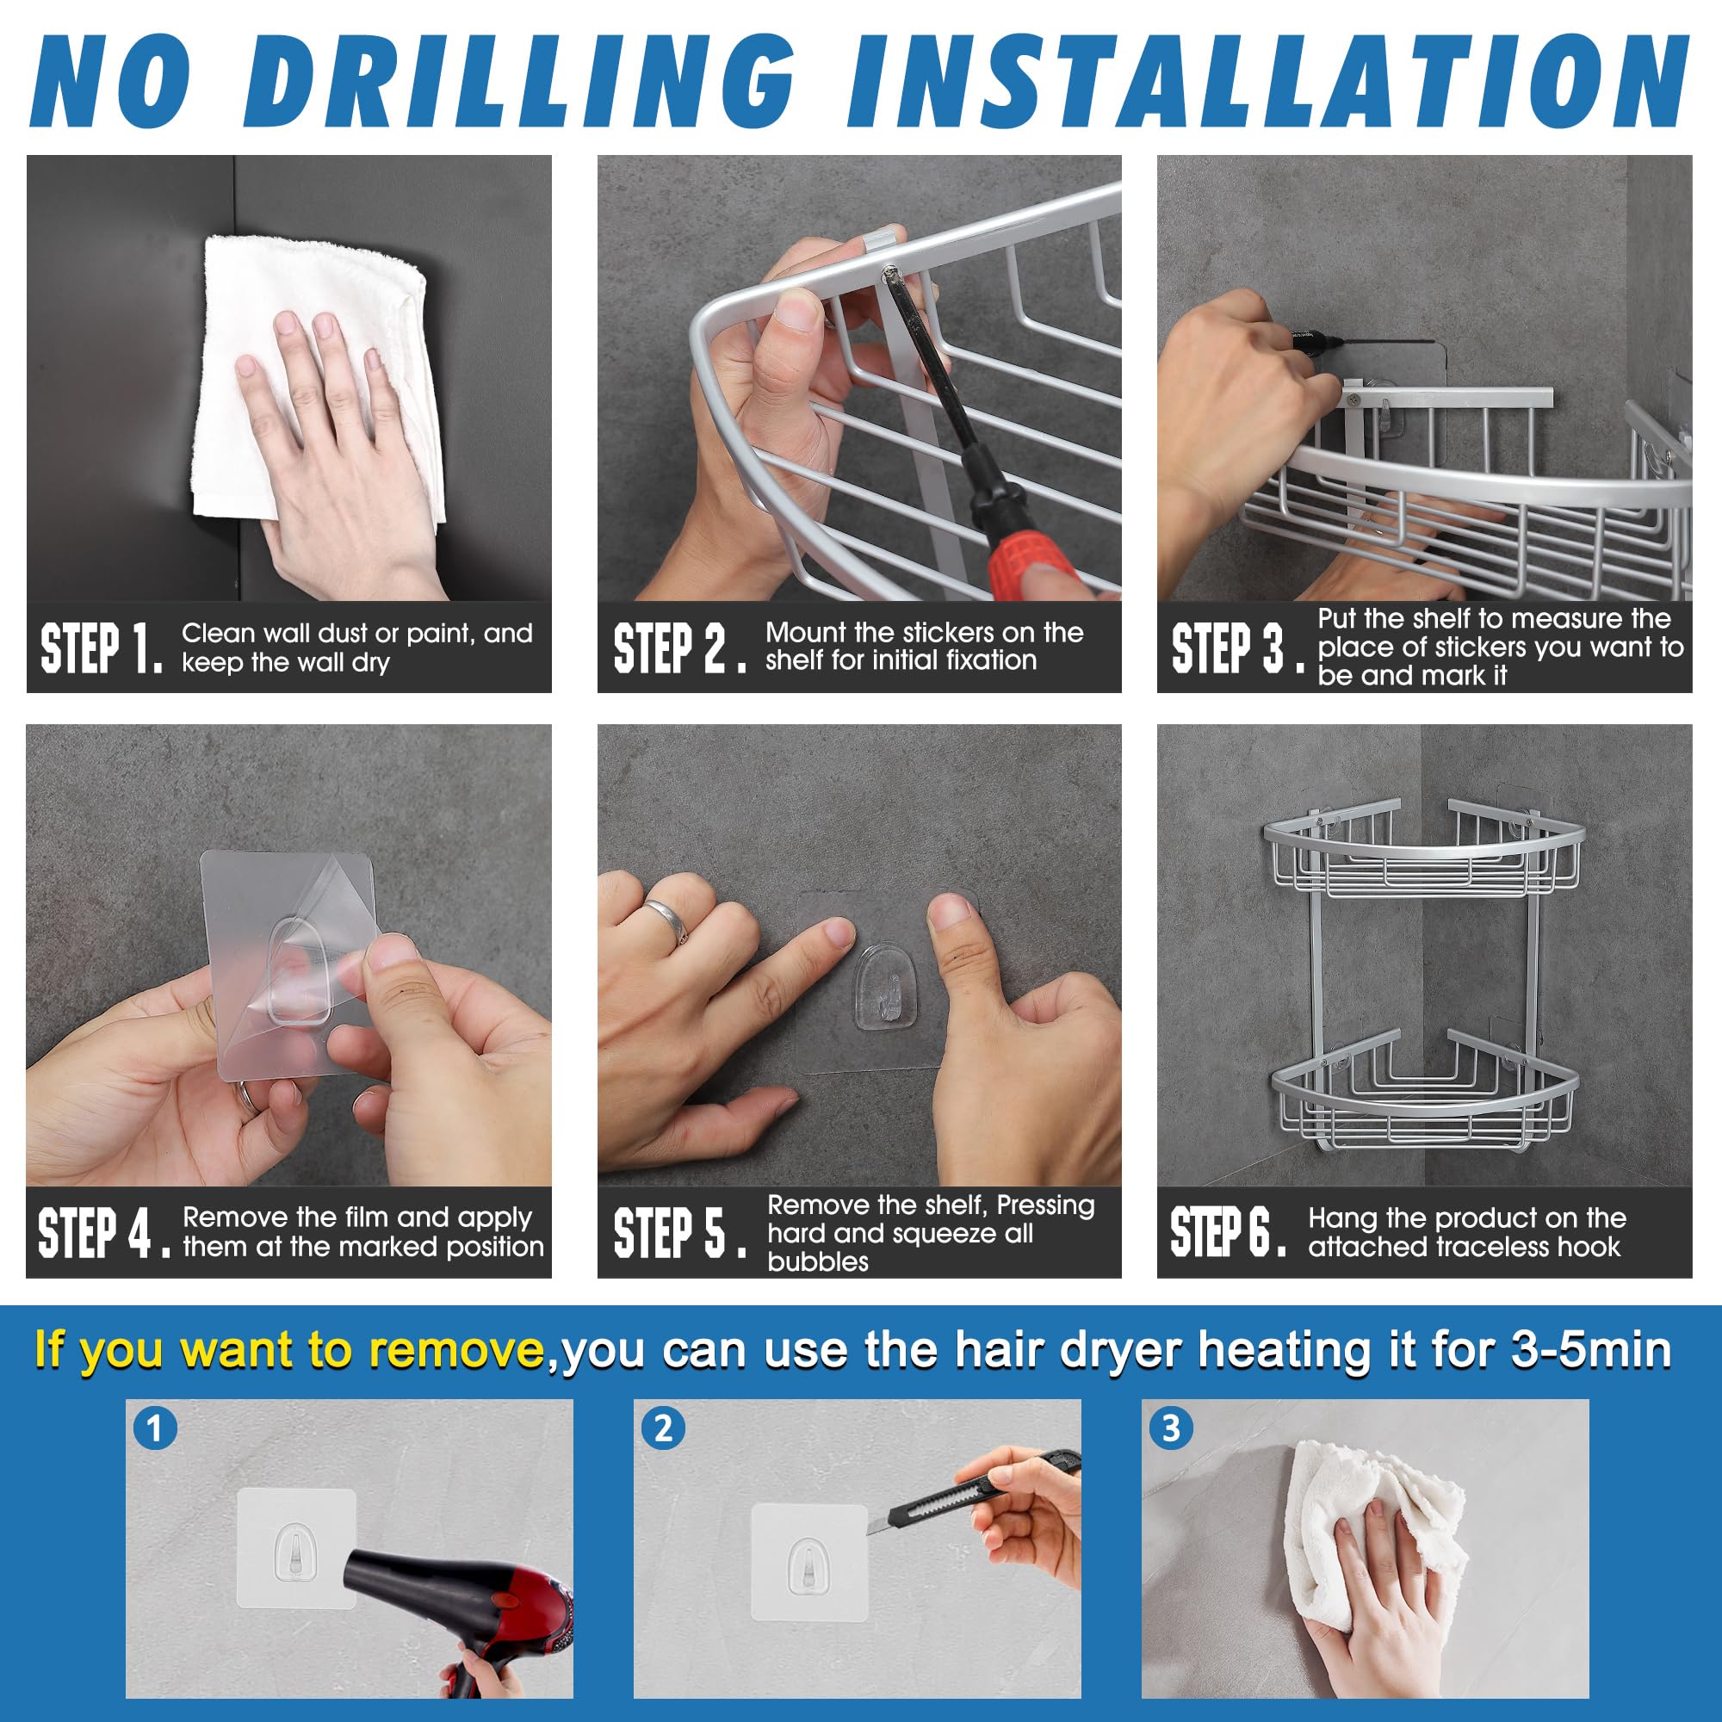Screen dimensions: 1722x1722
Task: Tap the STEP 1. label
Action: (x=102, y=648)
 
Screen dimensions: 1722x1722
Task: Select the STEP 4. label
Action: (x=104, y=1233)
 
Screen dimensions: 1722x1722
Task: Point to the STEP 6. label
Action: (x=1229, y=1231)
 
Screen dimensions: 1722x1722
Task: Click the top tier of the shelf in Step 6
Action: (x=1423, y=856)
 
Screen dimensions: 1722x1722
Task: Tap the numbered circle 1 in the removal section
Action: (x=155, y=1428)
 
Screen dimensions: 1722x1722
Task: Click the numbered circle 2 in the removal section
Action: (x=663, y=1428)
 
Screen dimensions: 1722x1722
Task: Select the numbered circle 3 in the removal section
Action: (x=1171, y=1428)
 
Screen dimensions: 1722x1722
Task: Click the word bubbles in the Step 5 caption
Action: (x=817, y=1262)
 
